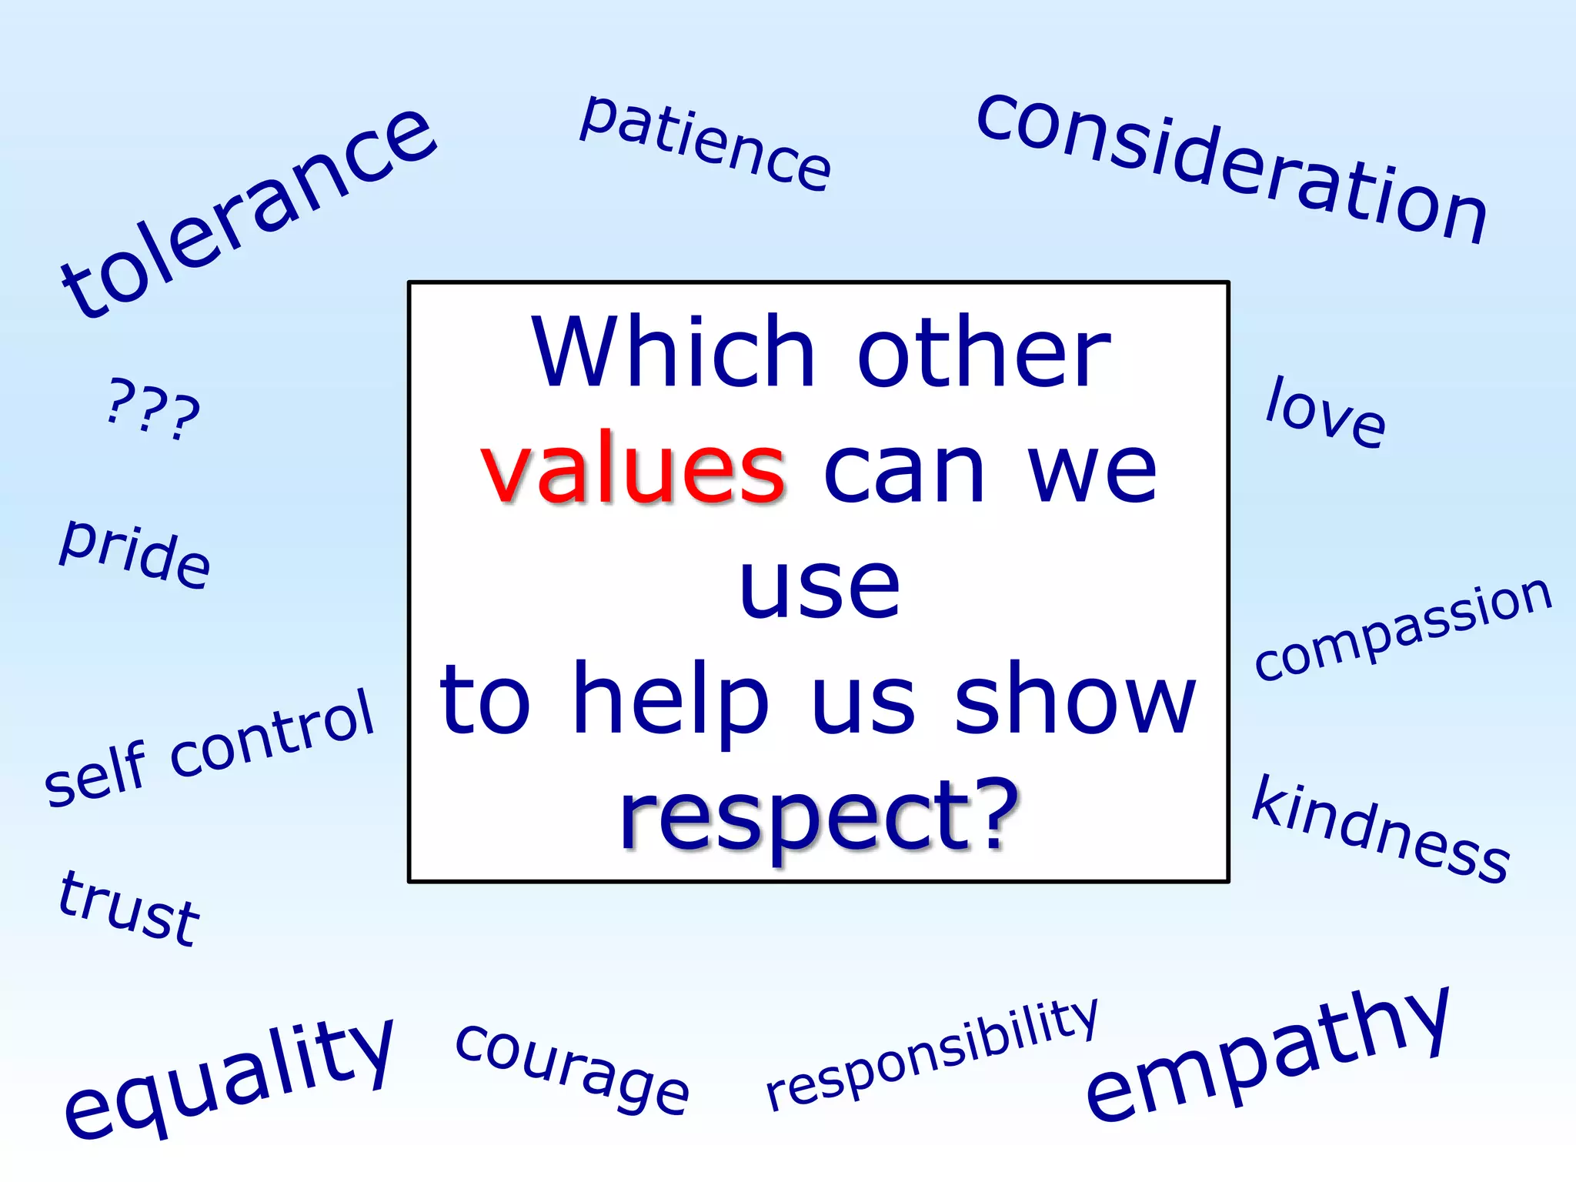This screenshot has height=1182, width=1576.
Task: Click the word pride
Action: pyautogui.click(x=135, y=553)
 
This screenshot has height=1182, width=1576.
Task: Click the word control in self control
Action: pyautogui.click(x=272, y=731)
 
